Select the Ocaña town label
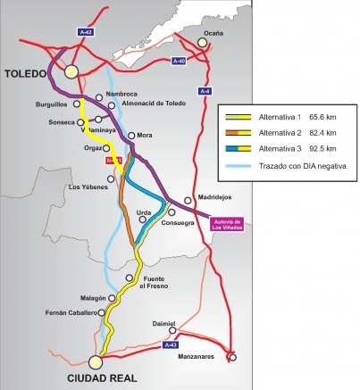pyautogui.click(x=213, y=33)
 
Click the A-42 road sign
pyautogui.click(x=87, y=31)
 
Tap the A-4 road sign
pyautogui.click(x=206, y=90)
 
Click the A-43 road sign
pyautogui.click(x=172, y=343)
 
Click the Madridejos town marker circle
pyautogui.click(x=188, y=200)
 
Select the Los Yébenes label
pyautogui.click(x=88, y=187)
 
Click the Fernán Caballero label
pyautogui.click(x=78, y=313)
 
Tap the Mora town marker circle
pyautogui.click(x=131, y=136)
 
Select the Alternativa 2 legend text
pyautogui.click(x=276, y=131)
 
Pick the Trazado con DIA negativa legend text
pyautogui.click(x=298, y=166)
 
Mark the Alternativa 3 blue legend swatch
pyautogui.click(x=240, y=148)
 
